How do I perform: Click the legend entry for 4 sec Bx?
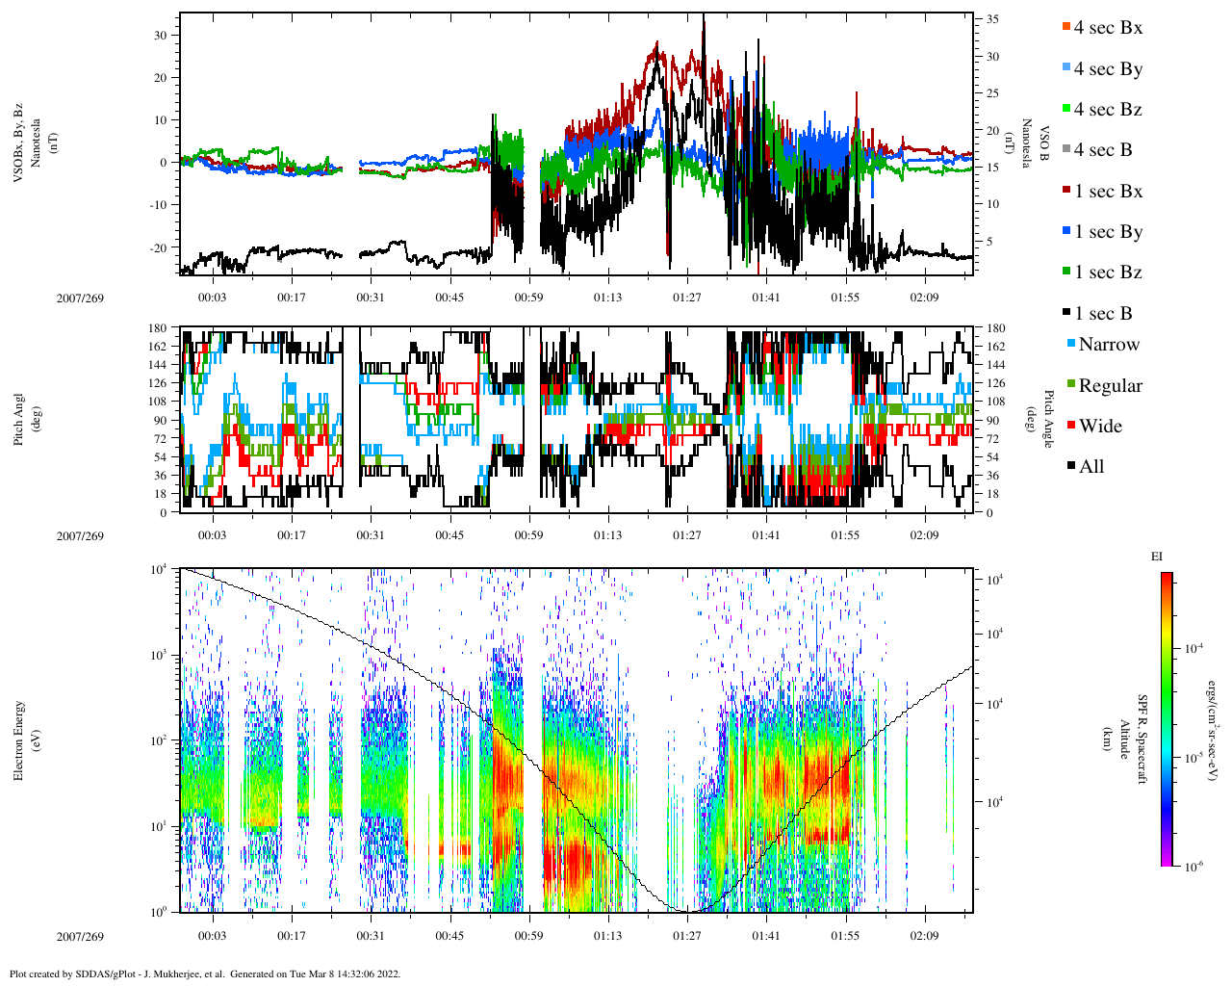(1107, 28)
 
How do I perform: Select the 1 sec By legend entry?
(1107, 232)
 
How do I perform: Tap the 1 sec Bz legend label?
(1107, 272)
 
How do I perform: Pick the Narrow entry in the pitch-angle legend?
(1108, 345)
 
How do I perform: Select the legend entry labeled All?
(1091, 467)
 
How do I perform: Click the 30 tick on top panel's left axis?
(161, 36)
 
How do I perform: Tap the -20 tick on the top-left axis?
(157, 247)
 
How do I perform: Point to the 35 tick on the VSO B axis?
(991, 19)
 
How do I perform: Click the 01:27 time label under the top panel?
(686, 298)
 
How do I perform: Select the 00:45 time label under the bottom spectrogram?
(449, 936)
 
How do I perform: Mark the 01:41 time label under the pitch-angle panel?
(766, 535)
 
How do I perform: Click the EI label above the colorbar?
(1157, 557)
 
